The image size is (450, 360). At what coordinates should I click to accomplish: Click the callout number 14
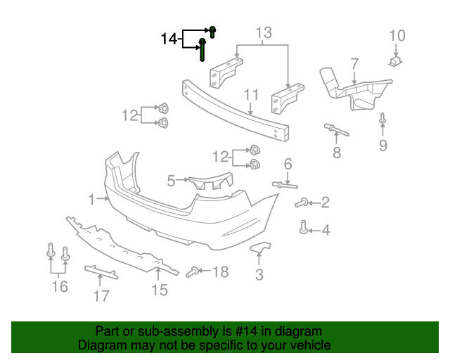point(169,39)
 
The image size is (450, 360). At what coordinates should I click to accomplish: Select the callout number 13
point(263,32)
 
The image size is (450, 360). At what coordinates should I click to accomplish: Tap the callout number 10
point(397,36)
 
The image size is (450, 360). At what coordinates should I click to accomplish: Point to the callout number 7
point(354,63)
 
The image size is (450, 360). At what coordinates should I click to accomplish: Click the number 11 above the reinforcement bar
point(251,95)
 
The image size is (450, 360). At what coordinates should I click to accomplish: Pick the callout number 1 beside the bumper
point(91,200)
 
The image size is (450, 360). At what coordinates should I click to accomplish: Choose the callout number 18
point(220,271)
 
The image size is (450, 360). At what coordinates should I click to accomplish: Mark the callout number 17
point(101,296)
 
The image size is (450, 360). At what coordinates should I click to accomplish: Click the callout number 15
point(160,290)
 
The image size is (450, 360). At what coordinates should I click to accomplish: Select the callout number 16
point(60,286)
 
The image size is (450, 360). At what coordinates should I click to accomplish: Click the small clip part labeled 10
point(397,62)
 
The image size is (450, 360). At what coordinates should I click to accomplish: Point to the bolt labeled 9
point(382,120)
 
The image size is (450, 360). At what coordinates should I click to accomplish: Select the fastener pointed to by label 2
point(300,203)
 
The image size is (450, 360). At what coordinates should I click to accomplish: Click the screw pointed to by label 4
point(304,228)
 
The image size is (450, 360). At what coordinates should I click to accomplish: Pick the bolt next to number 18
point(195,271)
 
